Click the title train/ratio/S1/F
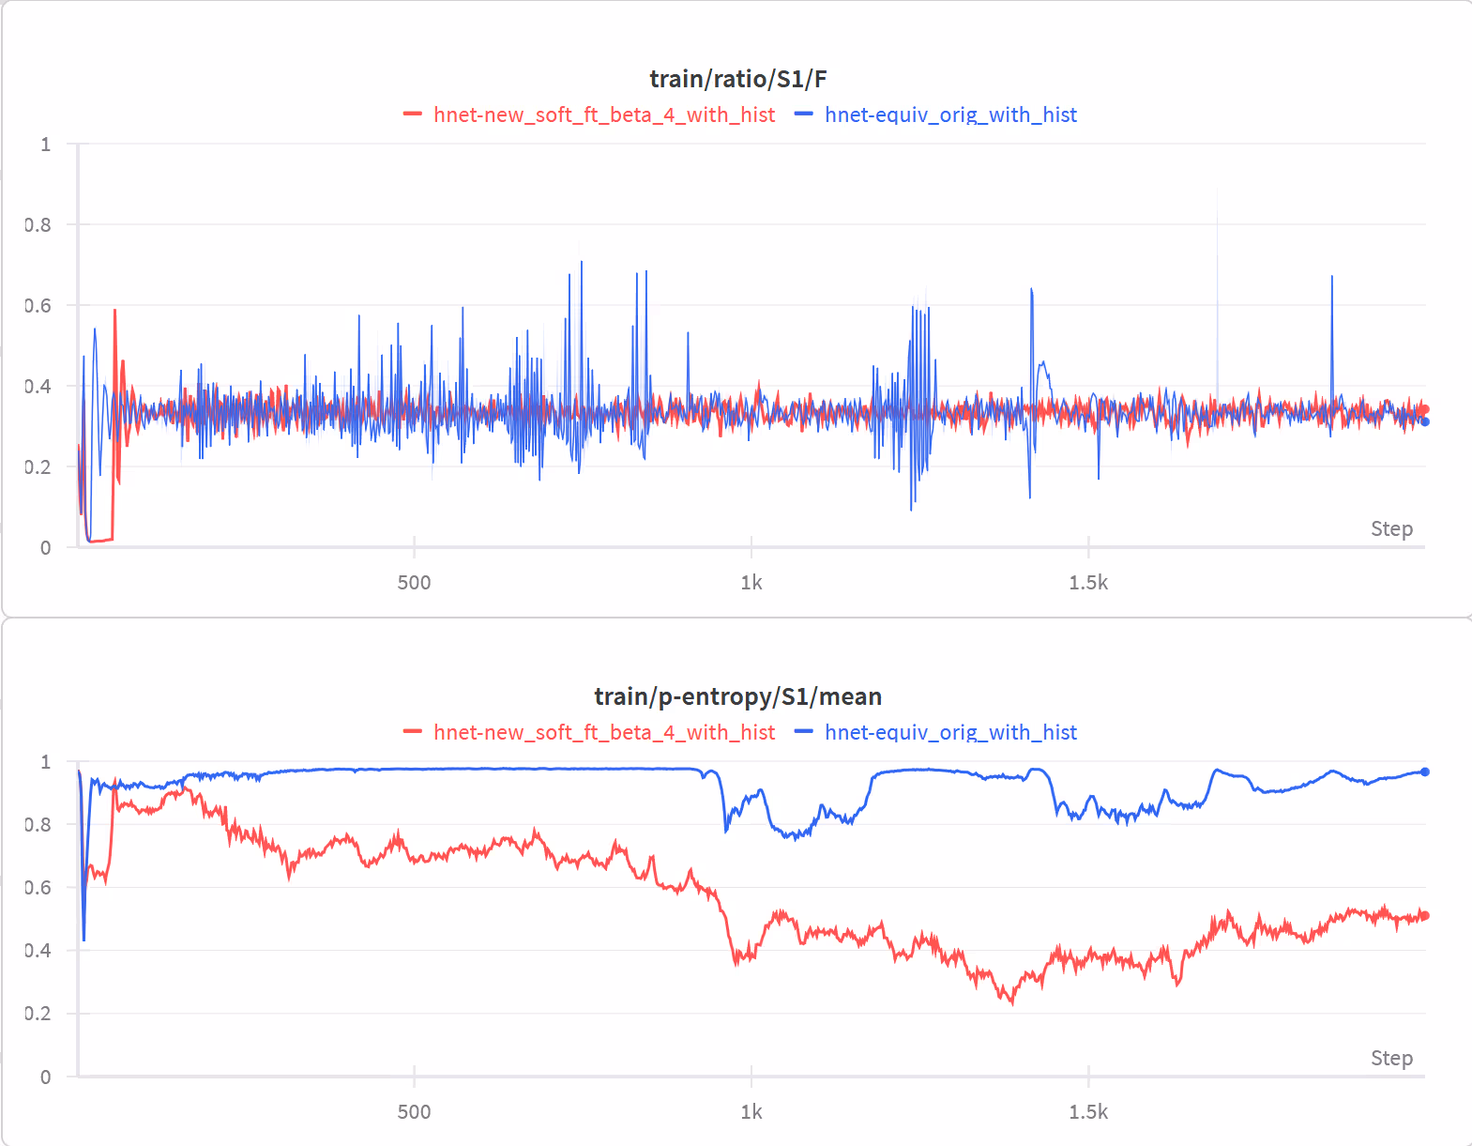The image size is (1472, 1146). point(737,79)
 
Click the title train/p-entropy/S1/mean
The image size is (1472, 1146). point(737,696)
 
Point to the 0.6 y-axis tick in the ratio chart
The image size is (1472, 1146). point(38,305)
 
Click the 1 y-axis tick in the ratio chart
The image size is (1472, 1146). point(45,145)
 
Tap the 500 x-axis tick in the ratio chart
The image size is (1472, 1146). point(414,583)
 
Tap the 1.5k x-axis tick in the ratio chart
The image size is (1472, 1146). point(1088,583)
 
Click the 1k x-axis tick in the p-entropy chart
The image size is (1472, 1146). point(751,1112)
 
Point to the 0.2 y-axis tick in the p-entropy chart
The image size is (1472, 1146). point(38,1014)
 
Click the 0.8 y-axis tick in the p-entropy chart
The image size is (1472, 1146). point(38,824)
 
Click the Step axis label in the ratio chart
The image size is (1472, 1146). point(1391,529)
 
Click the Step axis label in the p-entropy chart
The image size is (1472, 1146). point(1391,1059)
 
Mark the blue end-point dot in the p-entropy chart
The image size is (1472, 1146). point(1425,772)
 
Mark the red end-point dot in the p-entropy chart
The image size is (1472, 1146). point(1425,916)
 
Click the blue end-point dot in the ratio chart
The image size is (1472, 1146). point(1425,421)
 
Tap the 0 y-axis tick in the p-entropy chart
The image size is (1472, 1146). point(45,1077)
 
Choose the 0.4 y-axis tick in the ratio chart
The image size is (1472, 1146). point(38,386)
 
